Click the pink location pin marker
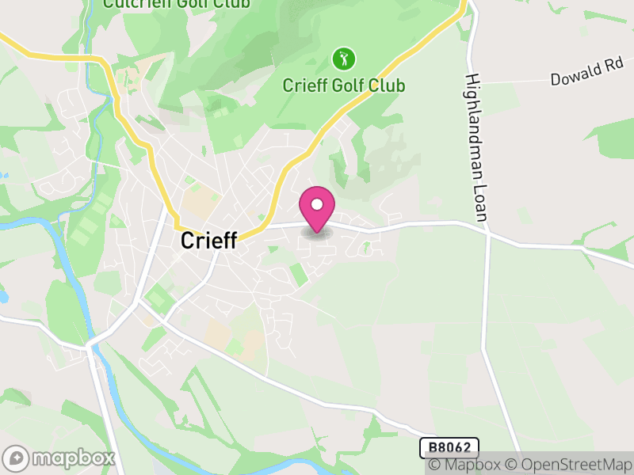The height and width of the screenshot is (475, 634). (317, 208)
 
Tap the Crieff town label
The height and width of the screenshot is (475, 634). (208, 241)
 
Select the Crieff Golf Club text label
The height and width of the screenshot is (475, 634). (344, 85)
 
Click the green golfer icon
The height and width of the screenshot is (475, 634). (343, 59)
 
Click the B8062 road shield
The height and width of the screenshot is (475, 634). (449, 448)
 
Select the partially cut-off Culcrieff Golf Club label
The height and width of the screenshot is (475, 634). (176, 4)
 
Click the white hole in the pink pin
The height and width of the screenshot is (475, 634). (317, 204)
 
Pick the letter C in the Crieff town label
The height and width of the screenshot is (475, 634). (188, 241)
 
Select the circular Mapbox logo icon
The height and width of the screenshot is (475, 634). (17, 458)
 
